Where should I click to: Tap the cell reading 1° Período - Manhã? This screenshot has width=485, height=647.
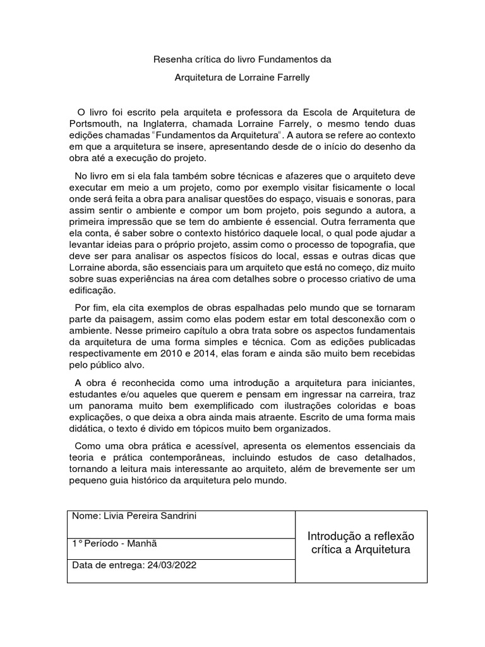(116, 542)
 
